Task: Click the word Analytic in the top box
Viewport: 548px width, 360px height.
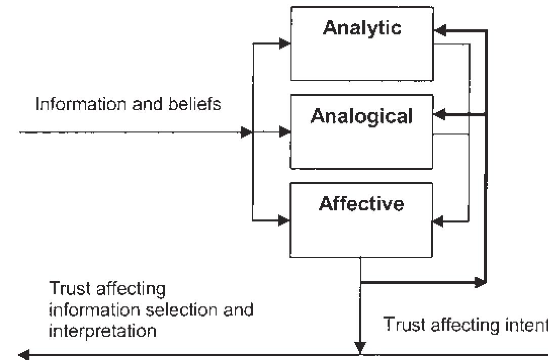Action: coord(362,28)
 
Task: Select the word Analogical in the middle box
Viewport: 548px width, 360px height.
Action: coord(362,116)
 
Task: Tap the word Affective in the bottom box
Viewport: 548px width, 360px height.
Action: coord(361,204)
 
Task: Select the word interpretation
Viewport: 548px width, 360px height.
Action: coord(103,331)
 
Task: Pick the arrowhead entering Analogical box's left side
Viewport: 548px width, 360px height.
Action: coord(285,132)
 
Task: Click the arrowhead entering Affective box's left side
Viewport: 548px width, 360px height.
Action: coord(284,221)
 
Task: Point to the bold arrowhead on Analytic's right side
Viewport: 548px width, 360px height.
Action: coord(440,31)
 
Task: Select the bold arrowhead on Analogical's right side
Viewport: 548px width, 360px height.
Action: coord(440,116)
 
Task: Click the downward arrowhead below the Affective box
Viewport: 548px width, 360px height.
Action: coord(360,348)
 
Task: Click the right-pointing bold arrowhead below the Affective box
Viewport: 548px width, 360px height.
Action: coord(479,283)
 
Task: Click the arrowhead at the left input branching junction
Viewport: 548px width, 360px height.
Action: coord(246,132)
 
